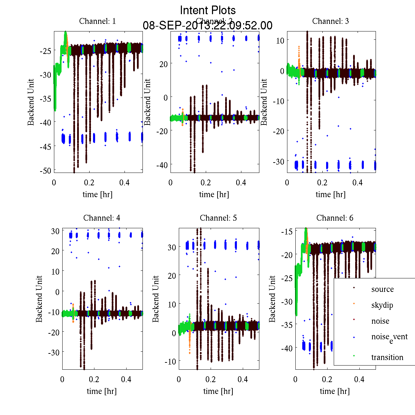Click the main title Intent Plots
208,10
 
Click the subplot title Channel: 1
98,21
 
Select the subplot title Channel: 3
330,21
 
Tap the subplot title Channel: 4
102,218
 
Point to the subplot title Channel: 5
218,218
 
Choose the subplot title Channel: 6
335,218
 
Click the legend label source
382,289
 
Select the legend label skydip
382,305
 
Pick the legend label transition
387,357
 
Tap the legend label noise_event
389,337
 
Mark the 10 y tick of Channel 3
280,40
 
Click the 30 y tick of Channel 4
55,231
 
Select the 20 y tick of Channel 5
172,276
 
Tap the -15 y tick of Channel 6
288,231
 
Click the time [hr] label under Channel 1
98,194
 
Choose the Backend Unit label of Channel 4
39,299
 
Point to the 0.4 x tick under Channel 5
243,379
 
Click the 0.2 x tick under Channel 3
323,183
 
